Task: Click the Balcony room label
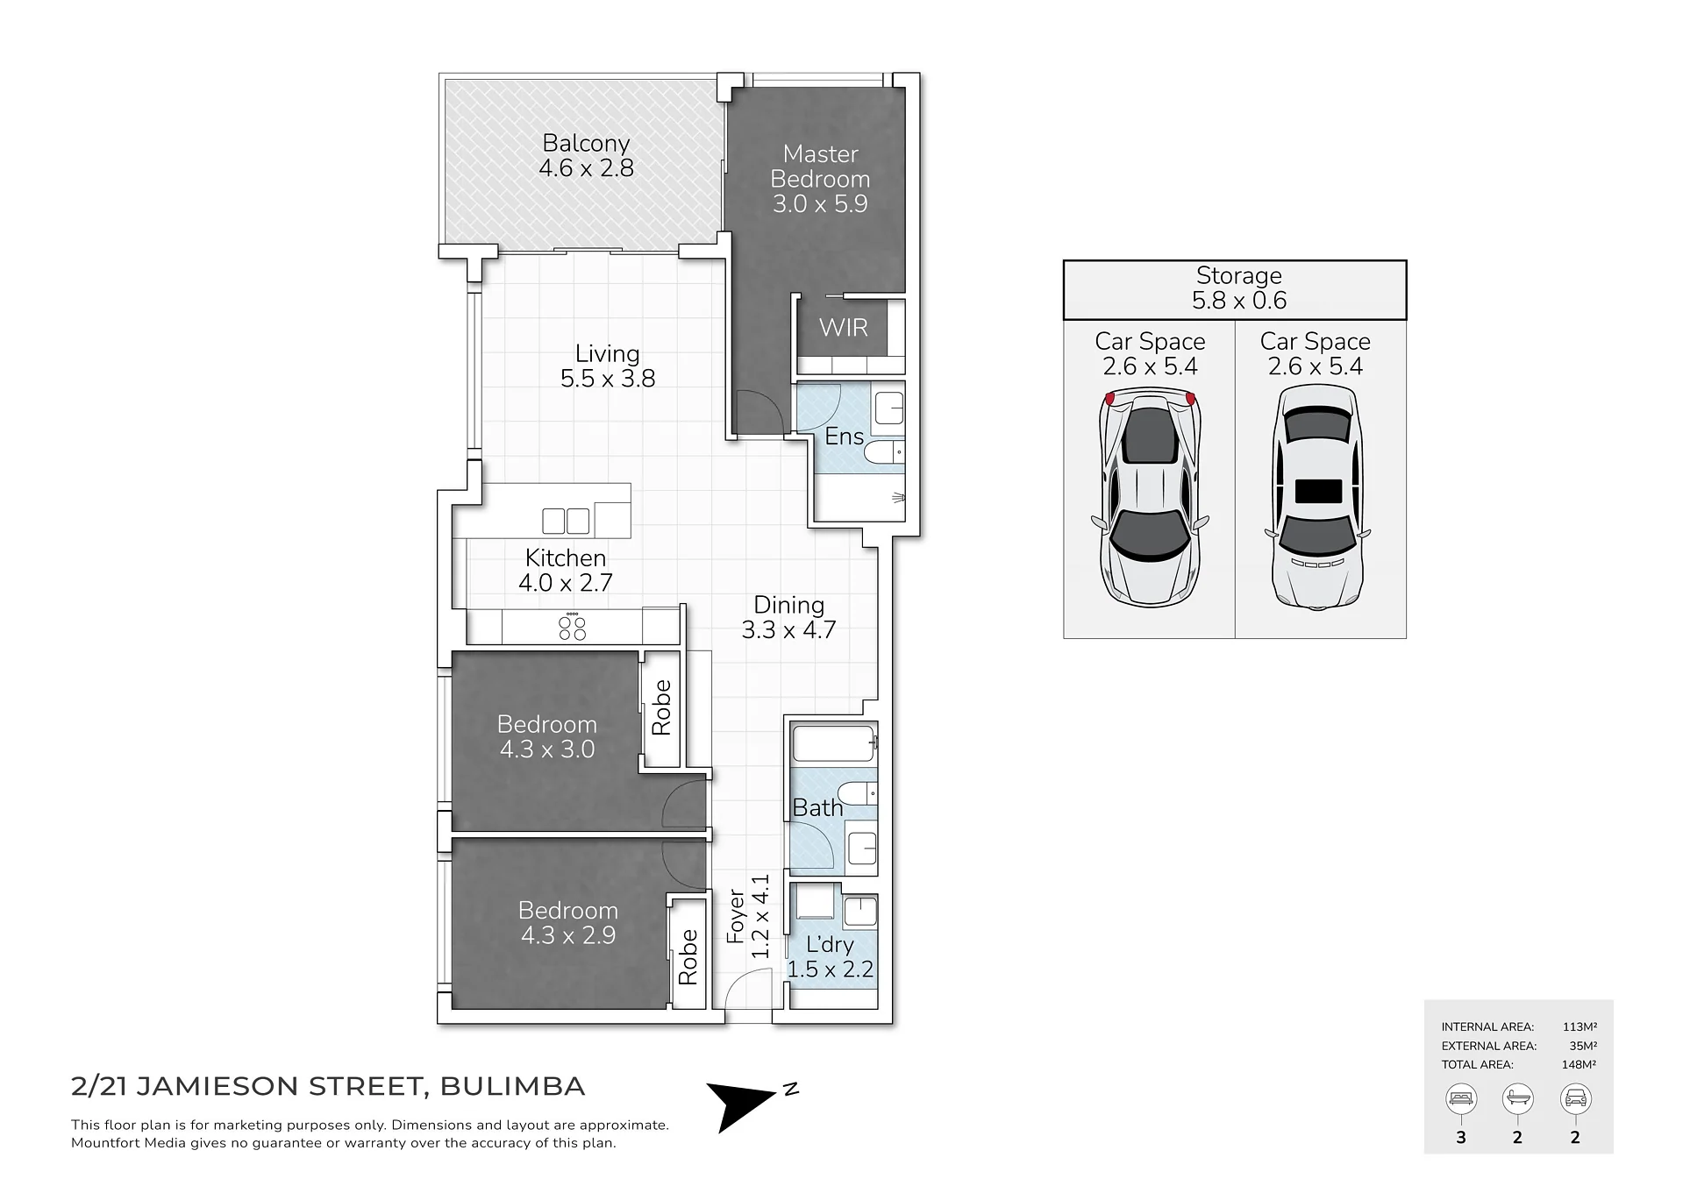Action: click(586, 143)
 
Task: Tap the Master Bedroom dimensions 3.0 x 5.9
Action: click(820, 203)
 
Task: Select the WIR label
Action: click(844, 328)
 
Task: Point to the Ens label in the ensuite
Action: click(844, 437)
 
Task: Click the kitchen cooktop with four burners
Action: click(573, 628)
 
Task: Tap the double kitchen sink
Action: click(566, 521)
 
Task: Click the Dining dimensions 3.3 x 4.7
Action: click(788, 629)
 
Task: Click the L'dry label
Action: click(830, 944)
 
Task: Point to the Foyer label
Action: click(736, 916)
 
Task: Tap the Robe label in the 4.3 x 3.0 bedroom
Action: click(661, 707)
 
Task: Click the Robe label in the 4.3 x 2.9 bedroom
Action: click(688, 957)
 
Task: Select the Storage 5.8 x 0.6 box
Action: click(1235, 290)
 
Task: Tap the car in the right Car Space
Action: click(1317, 497)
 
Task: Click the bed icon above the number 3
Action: click(1461, 1098)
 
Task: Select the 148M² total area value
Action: click(1579, 1064)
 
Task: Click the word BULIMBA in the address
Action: click(512, 1086)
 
